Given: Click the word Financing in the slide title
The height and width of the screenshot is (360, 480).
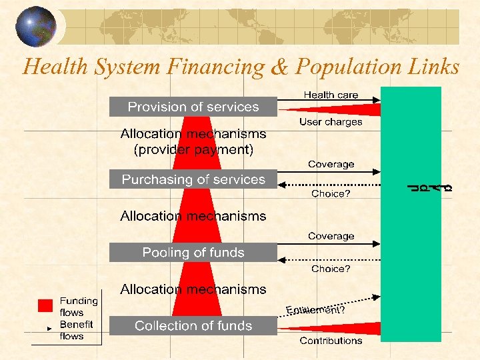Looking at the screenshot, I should tap(215, 67).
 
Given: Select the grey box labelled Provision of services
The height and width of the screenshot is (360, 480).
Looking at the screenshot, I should tap(193, 107).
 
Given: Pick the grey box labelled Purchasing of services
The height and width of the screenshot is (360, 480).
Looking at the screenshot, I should tap(193, 179).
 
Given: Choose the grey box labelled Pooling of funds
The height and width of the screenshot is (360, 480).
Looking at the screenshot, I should tap(193, 253).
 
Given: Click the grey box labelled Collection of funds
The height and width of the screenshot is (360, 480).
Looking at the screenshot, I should tap(193, 326).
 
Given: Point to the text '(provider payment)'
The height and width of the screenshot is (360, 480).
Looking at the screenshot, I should tap(193, 150).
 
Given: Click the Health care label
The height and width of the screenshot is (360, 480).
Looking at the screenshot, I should tap(331, 95).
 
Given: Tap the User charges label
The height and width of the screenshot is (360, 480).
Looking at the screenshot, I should tap(331, 122).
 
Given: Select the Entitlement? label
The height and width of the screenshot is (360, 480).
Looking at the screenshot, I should tap(315, 309).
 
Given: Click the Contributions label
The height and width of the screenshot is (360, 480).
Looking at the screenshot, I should tap(331, 341).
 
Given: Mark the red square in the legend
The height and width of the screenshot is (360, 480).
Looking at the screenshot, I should tap(45, 306).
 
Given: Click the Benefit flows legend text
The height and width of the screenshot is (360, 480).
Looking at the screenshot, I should tap(76, 330).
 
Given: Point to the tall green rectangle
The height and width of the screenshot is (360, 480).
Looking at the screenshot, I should tap(411, 213).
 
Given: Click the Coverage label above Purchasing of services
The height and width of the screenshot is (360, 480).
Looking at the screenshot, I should tap(331, 164).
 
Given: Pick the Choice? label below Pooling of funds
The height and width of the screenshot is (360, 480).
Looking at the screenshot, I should tap(331, 269).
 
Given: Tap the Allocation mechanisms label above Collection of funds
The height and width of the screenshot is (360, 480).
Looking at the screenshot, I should tap(193, 289).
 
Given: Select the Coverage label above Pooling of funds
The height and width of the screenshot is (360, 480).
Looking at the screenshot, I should tap(331, 236).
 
